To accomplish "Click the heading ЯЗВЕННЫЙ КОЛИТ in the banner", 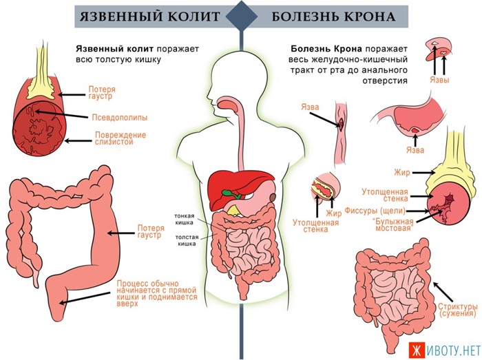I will [149, 16].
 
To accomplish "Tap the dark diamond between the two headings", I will [241, 16].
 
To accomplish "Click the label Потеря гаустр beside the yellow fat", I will [102, 94].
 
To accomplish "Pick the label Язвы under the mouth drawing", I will [439, 81].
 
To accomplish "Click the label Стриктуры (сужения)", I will [457, 309].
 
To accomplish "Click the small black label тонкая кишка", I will [184, 218].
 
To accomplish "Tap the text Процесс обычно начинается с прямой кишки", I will [156, 293].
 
